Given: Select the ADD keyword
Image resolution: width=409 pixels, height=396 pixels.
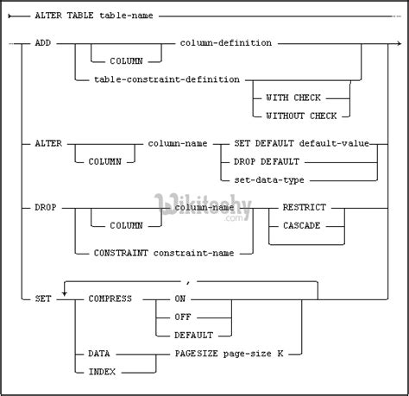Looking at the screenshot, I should (x=47, y=42).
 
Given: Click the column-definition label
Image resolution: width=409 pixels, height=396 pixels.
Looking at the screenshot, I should (x=226, y=42).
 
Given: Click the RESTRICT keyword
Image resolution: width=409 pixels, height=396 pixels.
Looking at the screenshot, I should (x=305, y=208).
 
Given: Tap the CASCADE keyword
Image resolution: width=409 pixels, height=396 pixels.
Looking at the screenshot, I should (x=301, y=226).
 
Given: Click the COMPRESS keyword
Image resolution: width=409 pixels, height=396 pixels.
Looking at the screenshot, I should (x=110, y=298).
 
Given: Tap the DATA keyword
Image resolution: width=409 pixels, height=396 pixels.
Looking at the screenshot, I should (x=99, y=354).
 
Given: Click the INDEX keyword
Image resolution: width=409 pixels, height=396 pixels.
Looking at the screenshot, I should (x=102, y=371).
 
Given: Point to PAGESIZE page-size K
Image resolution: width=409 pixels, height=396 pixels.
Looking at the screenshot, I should (x=230, y=354).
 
